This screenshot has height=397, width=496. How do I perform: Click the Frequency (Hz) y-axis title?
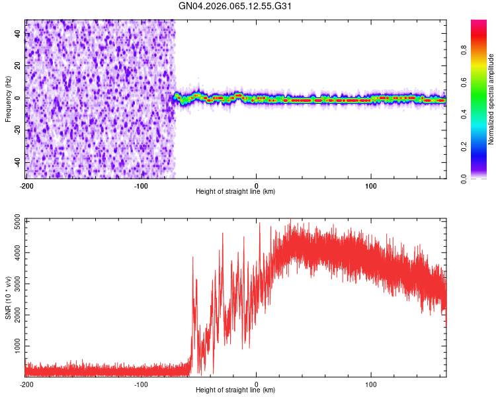tap(8, 99)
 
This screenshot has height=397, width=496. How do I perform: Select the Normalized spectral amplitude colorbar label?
tap(491, 99)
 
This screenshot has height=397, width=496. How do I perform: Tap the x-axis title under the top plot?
tap(235, 191)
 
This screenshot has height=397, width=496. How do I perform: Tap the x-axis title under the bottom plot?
tap(235, 390)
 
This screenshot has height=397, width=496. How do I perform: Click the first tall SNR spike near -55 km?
tap(193, 257)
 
